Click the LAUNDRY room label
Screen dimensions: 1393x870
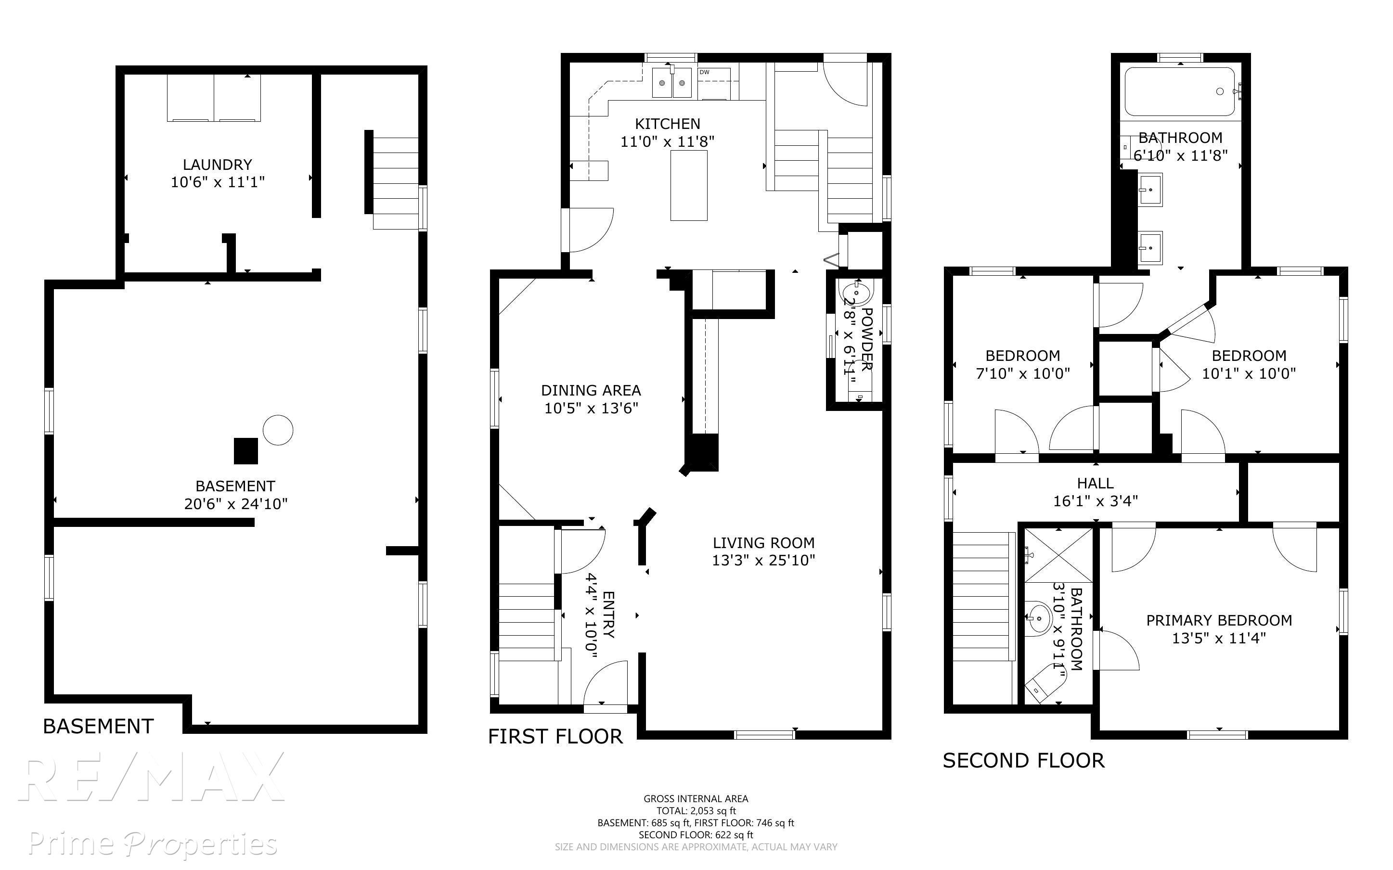pos(218,165)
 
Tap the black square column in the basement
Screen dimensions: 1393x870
pos(245,451)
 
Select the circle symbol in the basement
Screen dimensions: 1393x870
pos(278,430)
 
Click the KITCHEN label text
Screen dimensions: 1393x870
pos(668,124)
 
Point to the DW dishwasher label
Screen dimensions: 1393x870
pos(704,72)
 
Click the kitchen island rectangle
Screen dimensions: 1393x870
pos(689,185)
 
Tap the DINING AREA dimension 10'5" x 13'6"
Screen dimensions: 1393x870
pos(592,408)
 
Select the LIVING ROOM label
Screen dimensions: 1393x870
pos(763,543)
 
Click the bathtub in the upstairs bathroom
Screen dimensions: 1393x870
pos(1180,91)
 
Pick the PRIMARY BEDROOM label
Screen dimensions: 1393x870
pos(1219,620)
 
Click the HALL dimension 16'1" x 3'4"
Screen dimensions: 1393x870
pos(1096,501)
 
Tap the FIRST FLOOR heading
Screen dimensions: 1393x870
pos(555,737)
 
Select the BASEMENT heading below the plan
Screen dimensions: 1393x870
pos(98,727)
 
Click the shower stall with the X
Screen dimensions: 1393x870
pos(1058,555)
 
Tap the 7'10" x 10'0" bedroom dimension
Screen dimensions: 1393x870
pos(1023,373)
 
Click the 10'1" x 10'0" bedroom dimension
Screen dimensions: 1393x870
pos(1249,373)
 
